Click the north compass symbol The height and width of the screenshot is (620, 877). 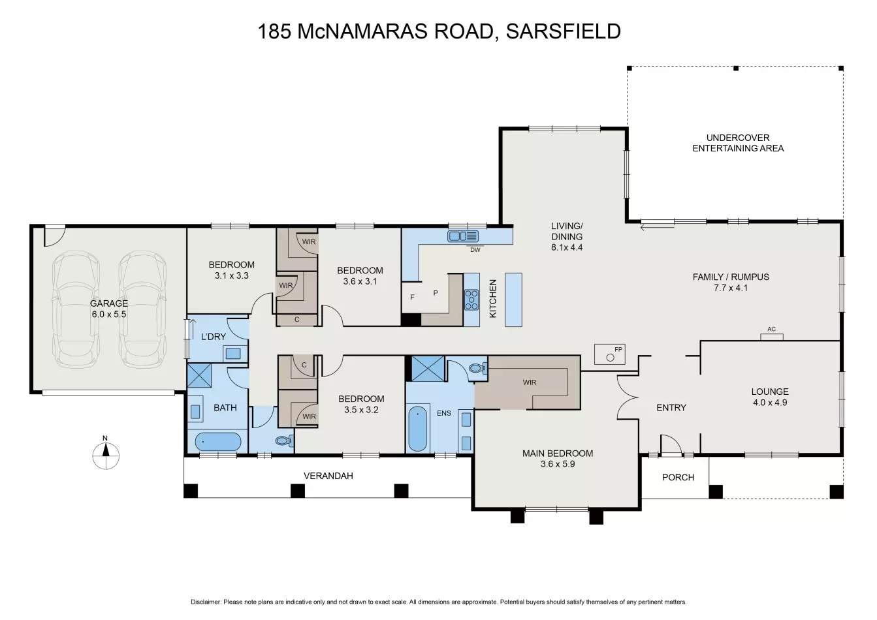106,456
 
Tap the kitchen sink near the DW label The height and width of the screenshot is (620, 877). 463,236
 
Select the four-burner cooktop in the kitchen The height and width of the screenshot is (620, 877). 471,300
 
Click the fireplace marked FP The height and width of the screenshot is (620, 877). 610,354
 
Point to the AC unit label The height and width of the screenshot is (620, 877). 772,329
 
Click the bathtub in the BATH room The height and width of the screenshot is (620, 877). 218,442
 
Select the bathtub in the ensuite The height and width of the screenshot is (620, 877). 418,429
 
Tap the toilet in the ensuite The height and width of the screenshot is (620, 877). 477,367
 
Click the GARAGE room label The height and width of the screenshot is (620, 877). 109,303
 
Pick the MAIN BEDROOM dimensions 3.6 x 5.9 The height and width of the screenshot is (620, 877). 558,464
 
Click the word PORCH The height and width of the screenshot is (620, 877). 678,477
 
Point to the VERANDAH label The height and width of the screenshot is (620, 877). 328,476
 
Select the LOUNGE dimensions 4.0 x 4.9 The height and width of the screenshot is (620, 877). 770,403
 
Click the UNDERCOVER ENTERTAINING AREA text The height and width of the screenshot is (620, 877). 738,143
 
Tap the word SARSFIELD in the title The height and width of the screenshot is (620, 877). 564,31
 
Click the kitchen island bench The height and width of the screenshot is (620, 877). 513,300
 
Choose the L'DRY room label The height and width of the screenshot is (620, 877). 214,336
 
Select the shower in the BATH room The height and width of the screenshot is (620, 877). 199,375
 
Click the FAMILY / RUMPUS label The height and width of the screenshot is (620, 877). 731,277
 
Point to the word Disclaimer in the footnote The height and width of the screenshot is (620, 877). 206,602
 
